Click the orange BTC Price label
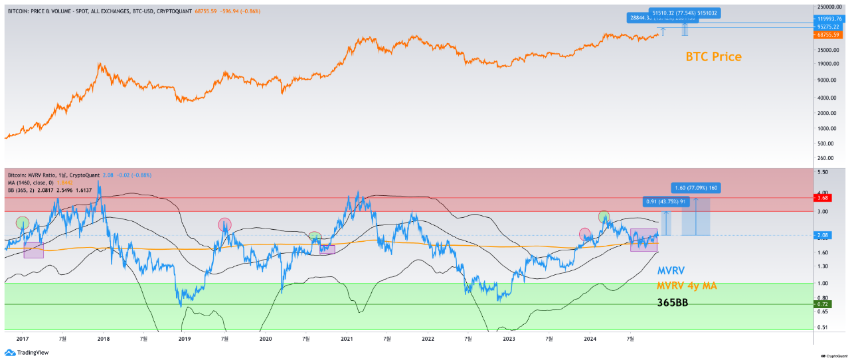713,57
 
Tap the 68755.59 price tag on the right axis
829,35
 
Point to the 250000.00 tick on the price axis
829,7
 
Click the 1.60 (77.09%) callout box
696,188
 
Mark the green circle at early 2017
23,223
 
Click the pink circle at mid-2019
224,225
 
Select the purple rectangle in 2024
643,240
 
